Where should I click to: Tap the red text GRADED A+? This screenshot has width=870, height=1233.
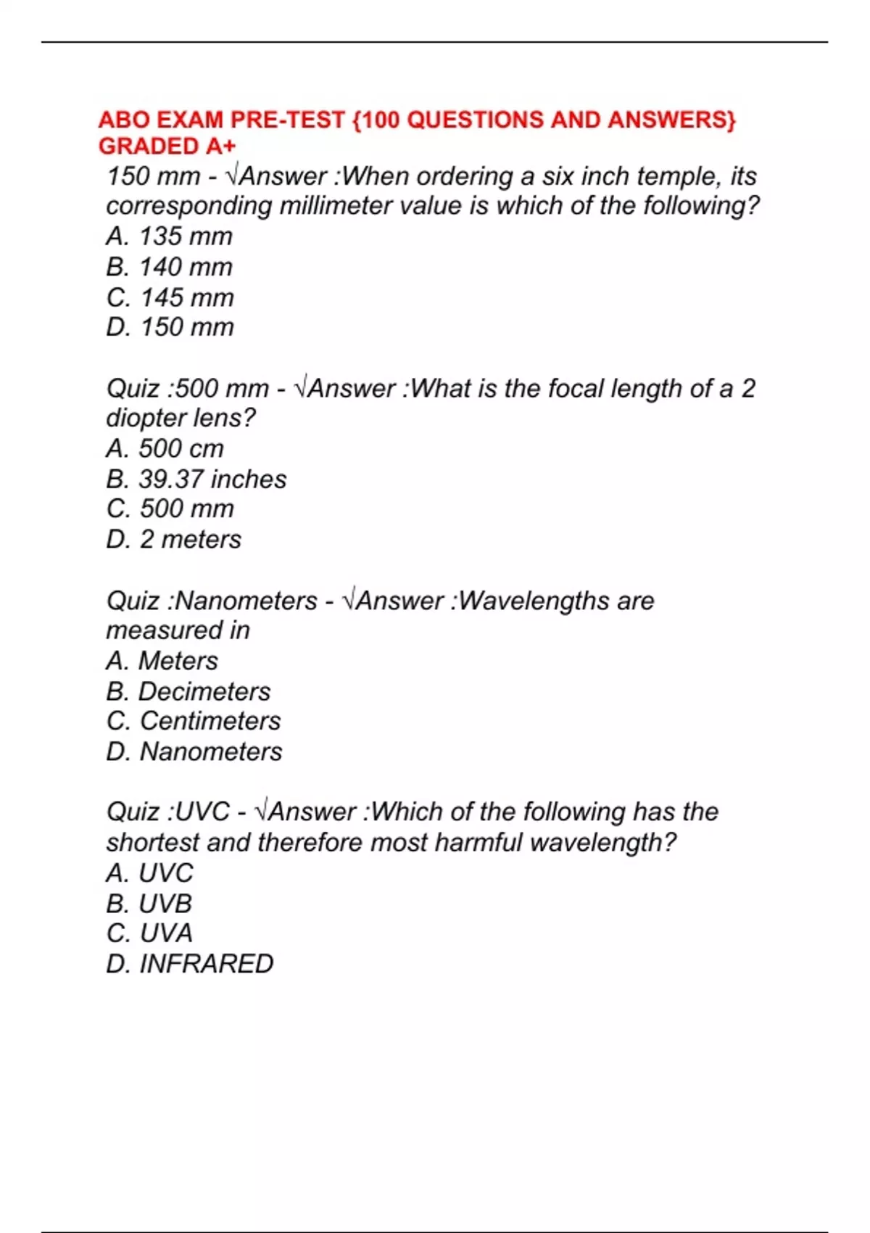click(x=167, y=147)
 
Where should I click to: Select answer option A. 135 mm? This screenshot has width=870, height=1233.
click(x=169, y=236)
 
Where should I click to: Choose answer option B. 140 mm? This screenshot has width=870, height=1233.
click(x=169, y=267)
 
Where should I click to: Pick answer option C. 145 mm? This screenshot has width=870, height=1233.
click(x=170, y=297)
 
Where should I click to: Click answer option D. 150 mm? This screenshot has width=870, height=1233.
click(x=170, y=327)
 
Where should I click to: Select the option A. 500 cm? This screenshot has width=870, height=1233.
click(x=165, y=448)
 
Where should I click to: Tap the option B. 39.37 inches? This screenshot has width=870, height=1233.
click(x=196, y=479)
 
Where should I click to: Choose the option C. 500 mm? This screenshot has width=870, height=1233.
click(x=170, y=508)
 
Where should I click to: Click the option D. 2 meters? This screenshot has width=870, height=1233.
click(x=173, y=539)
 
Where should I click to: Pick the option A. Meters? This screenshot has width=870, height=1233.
click(x=162, y=661)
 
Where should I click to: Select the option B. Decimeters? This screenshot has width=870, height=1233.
click(x=188, y=691)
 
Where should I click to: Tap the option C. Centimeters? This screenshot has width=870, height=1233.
click(x=193, y=721)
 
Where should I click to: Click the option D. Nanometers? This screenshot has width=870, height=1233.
click(x=194, y=751)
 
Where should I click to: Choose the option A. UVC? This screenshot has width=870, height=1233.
click(x=149, y=873)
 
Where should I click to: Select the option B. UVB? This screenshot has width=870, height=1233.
click(x=149, y=903)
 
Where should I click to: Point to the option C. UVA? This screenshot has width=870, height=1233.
click(x=149, y=933)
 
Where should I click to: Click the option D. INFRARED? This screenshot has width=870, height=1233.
click(x=189, y=963)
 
